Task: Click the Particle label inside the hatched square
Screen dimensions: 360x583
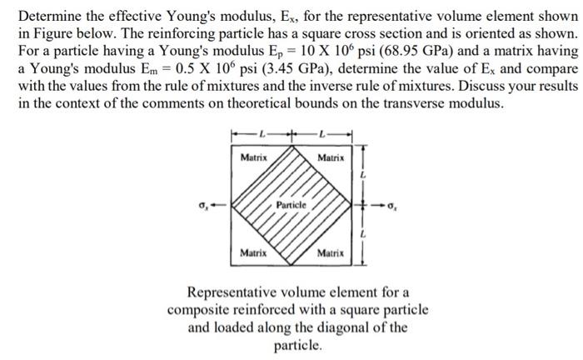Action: pyautogui.click(x=293, y=203)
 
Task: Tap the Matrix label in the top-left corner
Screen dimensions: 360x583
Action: pyautogui.click(x=253, y=157)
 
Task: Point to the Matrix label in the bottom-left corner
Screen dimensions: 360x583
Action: pyautogui.click(x=253, y=252)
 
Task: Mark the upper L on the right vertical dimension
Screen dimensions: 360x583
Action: pyautogui.click(x=362, y=176)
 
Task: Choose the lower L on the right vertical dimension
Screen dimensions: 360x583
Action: pyautogui.click(x=362, y=236)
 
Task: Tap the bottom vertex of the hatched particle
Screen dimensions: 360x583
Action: pyautogui.click(x=292, y=265)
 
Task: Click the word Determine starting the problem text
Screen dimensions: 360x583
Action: pyautogui.click(x=48, y=15)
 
